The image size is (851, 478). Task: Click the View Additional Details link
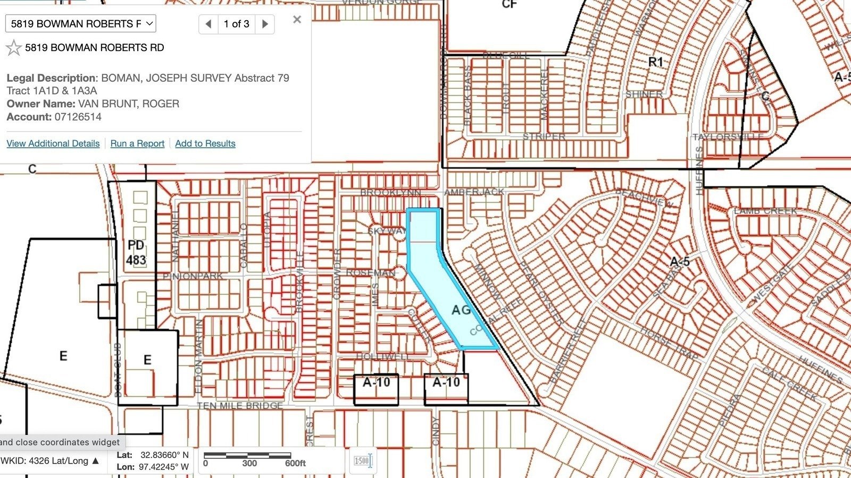pyautogui.click(x=53, y=143)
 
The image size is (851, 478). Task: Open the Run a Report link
pyautogui.click(x=137, y=143)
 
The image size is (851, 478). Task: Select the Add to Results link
pyautogui.click(x=205, y=143)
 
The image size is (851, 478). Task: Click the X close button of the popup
pyautogui.click(x=297, y=20)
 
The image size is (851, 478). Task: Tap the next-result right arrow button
pyautogui.click(x=265, y=24)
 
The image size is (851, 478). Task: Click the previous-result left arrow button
pyautogui.click(x=208, y=24)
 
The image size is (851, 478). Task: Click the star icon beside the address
pyautogui.click(x=13, y=48)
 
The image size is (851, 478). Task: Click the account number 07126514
pyautogui.click(x=78, y=117)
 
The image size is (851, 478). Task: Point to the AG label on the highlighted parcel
pyautogui.click(x=461, y=310)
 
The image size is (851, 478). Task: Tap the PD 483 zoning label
pyautogui.click(x=136, y=253)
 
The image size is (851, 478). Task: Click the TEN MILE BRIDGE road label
pyautogui.click(x=239, y=406)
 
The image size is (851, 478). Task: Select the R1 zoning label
pyautogui.click(x=656, y=63)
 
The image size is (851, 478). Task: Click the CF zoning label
pyautogui.click(x=509, y=5)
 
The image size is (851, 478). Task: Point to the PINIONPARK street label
pyautogui.click(x=193, y=276)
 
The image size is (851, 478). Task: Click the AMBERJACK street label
pyautogui.click(x=474, y=192)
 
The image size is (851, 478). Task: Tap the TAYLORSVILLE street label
pyautogui.click(x=728, y=137)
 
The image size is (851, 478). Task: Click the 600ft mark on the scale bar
pyautogui.click(x=295, y=463)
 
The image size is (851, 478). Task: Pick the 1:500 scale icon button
pyautogui.click(x=363, y=460)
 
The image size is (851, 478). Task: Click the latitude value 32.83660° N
pyautogui.click(x=164, y=455)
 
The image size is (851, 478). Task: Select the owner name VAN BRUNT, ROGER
pyautogui.click(x=128, y=104)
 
